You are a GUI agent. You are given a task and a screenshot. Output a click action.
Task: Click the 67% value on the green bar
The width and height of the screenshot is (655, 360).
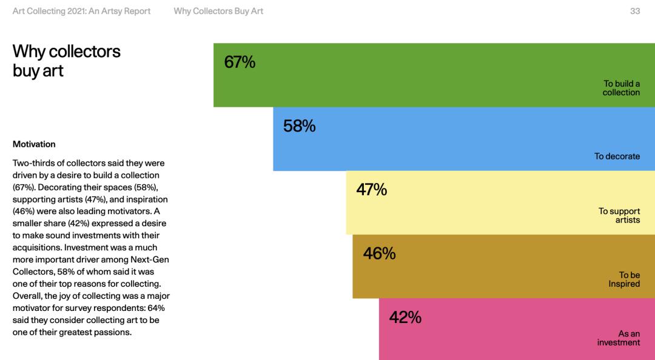coord(240,62)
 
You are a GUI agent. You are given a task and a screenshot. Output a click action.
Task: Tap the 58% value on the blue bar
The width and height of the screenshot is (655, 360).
coord(299,126)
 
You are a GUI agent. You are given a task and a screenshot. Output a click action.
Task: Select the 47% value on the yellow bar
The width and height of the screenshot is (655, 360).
coord(371,190)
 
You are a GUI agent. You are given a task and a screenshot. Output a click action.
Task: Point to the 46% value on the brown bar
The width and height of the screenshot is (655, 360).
coord(379,254)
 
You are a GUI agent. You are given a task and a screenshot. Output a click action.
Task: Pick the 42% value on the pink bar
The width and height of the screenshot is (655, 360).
coord(405,318)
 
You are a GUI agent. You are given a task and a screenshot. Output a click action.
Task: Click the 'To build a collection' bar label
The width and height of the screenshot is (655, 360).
coord(621,88)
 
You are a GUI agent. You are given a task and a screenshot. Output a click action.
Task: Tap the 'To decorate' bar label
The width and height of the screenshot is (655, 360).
coord(617,156)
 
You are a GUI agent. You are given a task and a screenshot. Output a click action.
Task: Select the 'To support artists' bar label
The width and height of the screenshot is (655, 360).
coord(619,216)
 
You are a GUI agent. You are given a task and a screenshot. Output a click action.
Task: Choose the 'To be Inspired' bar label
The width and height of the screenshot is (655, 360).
coord(624,279)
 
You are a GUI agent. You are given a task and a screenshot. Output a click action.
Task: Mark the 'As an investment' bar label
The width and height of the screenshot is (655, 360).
coord(618,338)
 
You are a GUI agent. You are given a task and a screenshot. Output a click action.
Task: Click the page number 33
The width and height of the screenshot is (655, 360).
coord(635,11)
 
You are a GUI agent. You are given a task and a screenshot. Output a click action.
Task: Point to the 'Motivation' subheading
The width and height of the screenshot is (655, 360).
coord(34,144)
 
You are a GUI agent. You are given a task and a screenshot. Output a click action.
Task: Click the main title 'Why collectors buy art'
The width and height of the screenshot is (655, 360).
coord(66,61)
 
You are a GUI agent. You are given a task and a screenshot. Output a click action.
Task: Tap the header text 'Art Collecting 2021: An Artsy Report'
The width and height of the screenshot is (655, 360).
coord(82,11)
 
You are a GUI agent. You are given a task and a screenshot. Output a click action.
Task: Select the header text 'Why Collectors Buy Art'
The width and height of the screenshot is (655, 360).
coord(218,11)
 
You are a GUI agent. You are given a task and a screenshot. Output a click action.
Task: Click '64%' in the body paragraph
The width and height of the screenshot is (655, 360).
coord(154,308)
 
